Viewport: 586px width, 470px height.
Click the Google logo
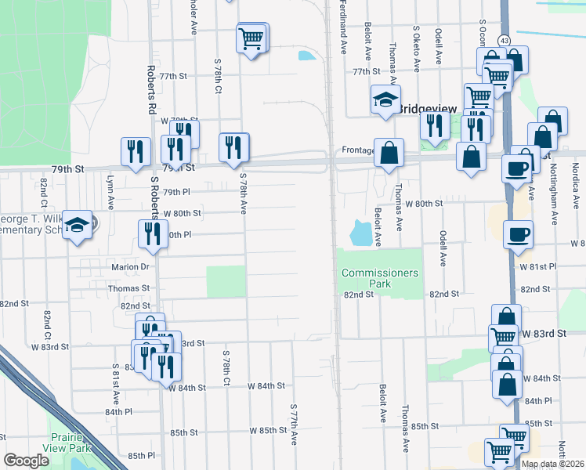(26, 461)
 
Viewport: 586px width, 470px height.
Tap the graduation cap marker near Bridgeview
(385, 100)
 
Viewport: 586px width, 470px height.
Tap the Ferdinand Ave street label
(343, 27)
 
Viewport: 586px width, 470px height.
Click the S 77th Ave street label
(294, 425)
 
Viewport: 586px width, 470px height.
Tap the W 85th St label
(268, 431)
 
